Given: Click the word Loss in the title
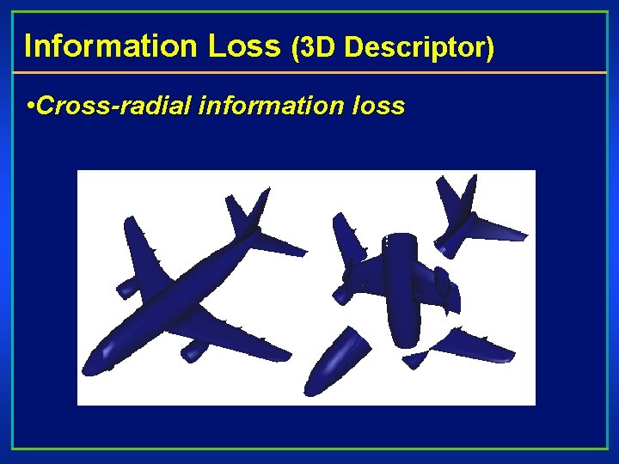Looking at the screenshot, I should pyautogui.click(x=244, y=46).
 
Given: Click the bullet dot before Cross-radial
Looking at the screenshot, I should pyautogui.click(x=31, y=107).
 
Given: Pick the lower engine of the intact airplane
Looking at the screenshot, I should pyautogui.click(x=195, y=349).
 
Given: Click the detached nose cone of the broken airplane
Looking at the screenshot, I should pyautogui.click(x=336, y=358).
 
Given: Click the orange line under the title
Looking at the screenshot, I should pyautogui.click(x=309, y=73).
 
